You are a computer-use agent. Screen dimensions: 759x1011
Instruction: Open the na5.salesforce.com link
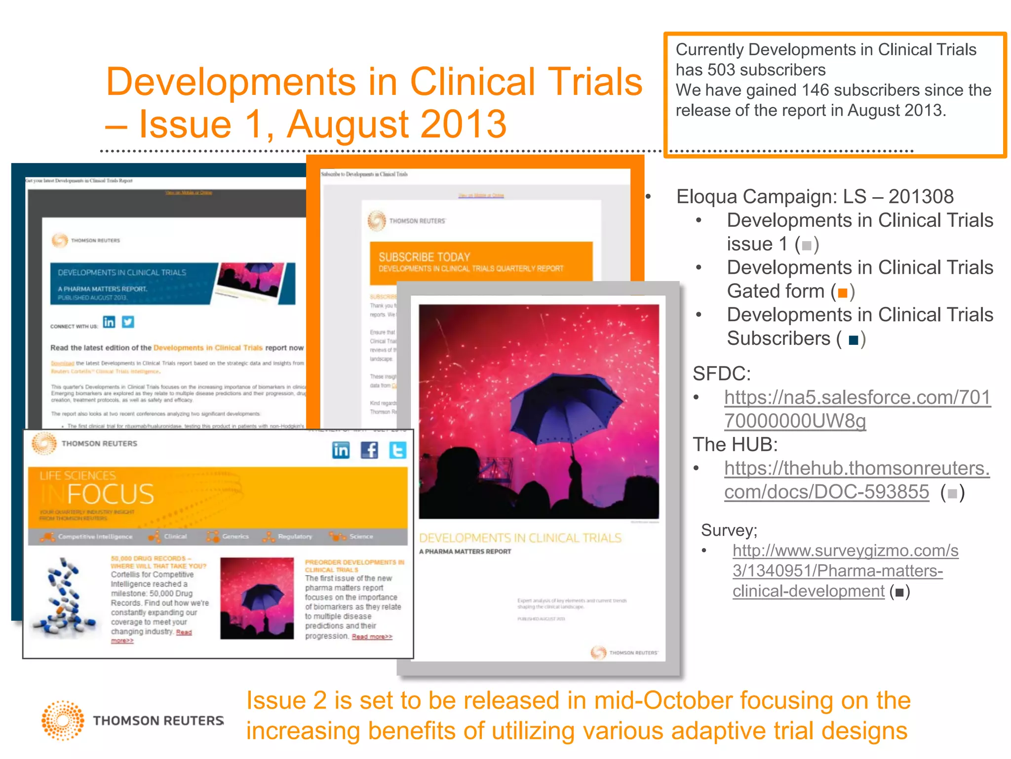pos(857,409)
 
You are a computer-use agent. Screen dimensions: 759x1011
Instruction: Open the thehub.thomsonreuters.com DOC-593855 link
pos(856,480)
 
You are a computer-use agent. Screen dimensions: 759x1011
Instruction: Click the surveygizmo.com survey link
pos(845,571)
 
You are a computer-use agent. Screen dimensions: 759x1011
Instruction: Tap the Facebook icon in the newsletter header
pos(369,450)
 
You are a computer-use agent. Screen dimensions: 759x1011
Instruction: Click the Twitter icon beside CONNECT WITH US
pos(128,322)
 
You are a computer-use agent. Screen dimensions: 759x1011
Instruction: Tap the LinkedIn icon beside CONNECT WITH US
pos(109,322)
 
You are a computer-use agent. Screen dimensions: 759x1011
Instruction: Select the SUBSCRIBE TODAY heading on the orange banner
pos(424,257)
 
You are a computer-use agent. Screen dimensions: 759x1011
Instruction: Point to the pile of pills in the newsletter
pos(63,597)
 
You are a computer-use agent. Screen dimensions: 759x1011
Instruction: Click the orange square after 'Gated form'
pos(843,293)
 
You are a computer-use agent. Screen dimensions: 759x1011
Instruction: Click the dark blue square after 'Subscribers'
pos(853,340)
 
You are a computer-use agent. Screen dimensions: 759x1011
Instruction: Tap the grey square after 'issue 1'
pos(807,246)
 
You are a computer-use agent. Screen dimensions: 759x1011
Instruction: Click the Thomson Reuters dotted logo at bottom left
pos(63,720)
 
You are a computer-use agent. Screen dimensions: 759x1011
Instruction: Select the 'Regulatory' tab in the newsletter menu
pos(294,537)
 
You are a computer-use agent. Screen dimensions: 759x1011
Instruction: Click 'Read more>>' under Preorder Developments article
pos(372,636)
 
